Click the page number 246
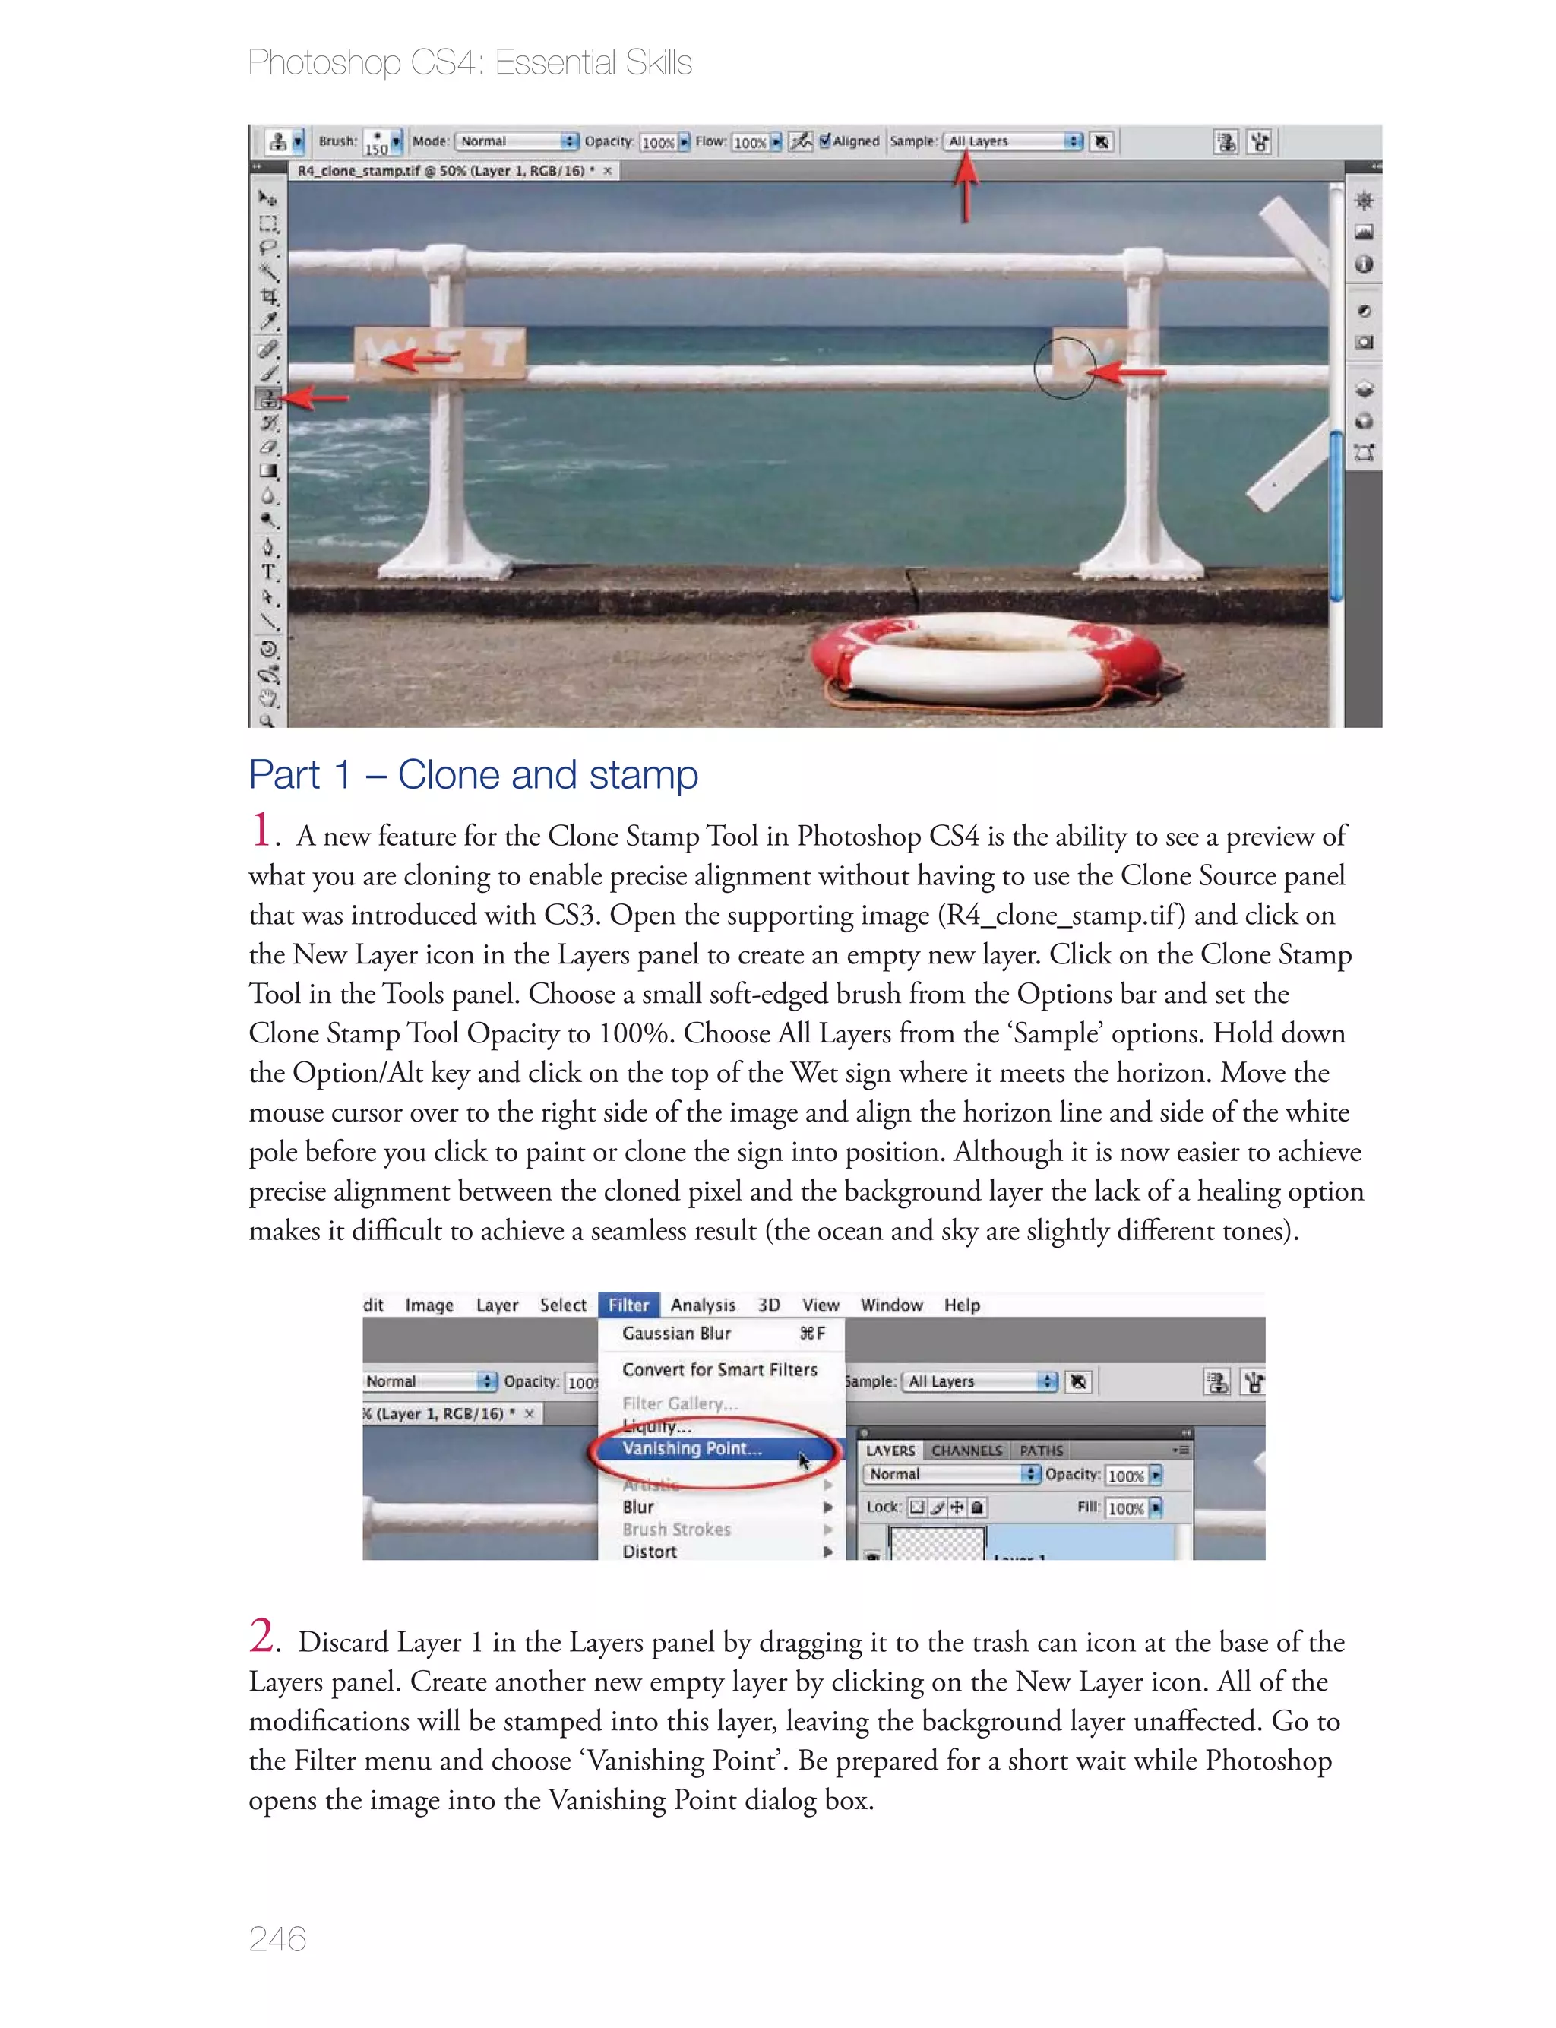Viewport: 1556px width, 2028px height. click(x=277, y=1938)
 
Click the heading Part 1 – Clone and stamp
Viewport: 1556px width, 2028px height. click(x=473, y=775)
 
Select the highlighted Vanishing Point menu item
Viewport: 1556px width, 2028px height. click(x=692, y=1448)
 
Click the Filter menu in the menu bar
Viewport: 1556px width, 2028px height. click(x=628, y=1305)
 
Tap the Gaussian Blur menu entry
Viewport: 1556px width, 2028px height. click(x=677, y=1334)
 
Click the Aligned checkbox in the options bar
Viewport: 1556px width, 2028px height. click(x=825, y=141)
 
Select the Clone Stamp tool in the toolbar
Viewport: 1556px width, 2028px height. click(x=267, y=399)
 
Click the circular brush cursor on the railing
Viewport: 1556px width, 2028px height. click(x=1064, y=369)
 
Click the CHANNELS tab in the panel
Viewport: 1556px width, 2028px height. click(x=966, y=1451)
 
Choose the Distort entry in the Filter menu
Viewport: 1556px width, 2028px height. click(x=650, y=1551)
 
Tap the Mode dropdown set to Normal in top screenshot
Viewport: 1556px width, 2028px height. click(x=517, y=141)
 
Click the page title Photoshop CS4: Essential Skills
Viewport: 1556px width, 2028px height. click(x=470, y=63)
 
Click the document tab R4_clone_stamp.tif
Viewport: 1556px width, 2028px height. click(x=441, y=171)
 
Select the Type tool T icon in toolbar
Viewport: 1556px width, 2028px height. click(x=267, y=571)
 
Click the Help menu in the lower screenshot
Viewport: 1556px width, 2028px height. click(x=961, y=1305)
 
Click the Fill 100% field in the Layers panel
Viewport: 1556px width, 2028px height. click(x=1125, y=1508)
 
